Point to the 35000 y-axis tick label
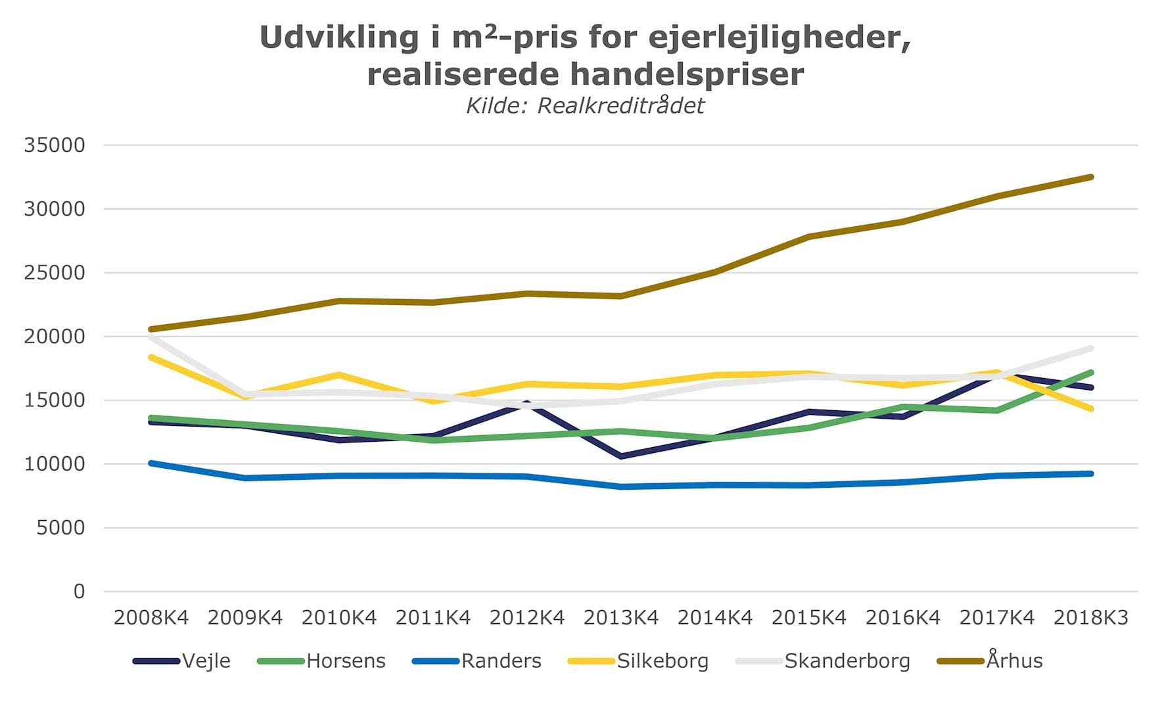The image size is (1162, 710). click(x=55, y=145)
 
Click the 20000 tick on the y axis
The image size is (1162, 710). click(x=55, y=337)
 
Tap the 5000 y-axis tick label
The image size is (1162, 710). click(x=60, y=528)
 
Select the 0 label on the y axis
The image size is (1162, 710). click(x=79, y=592)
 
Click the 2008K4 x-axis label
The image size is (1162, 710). click(x=151, y=618)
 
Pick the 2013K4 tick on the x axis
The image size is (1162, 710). click(x=621, y=618)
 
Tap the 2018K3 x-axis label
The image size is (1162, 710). click(x=1091, y=618)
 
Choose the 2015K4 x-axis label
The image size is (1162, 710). click(x=809, y=618)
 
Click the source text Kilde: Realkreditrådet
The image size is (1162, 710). click(x=585, y=106)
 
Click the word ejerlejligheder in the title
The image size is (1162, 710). click(x=779, y=38)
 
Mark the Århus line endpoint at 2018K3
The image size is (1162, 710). click(x=1091, y=177)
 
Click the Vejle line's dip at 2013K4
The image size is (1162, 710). click(x=621, y=456)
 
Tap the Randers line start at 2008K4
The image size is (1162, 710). click(x=151, y=463)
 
